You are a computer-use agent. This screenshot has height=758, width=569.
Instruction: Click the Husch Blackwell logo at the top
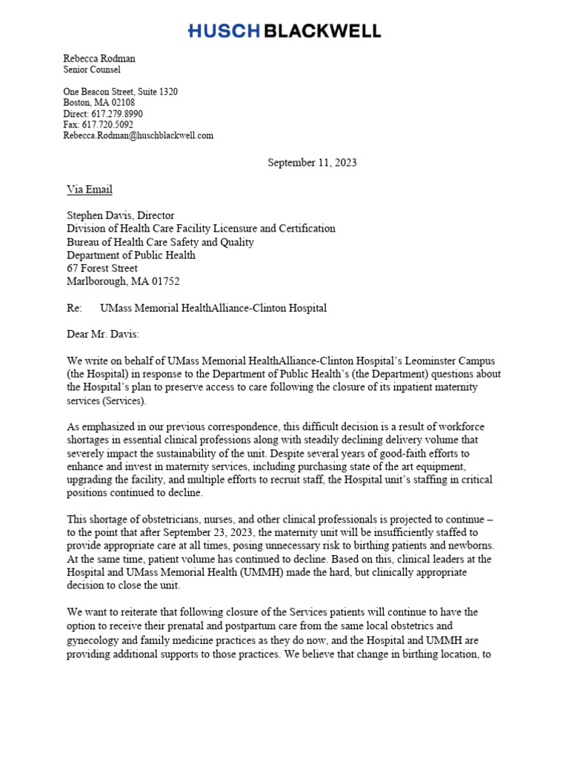click(284, 31)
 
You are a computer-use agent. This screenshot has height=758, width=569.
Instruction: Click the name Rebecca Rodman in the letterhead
click(99, 58)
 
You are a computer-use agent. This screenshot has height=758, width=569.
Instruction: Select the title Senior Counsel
click(92, 70)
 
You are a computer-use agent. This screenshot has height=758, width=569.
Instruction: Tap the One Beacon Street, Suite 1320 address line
click(120, 92)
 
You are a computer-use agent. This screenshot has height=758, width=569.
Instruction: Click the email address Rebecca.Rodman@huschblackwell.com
click(138, 135)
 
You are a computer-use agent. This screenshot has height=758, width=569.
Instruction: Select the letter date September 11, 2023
click(312, 163)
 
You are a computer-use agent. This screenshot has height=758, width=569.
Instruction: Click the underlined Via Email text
click(90, 189)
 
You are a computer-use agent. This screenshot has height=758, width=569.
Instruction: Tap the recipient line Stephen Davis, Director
click(121, 215)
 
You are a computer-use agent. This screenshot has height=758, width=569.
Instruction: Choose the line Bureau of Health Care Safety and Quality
click(160, 242)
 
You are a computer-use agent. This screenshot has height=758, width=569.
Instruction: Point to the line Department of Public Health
click(131, 255)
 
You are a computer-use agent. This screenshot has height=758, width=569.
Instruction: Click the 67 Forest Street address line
click(102, 269)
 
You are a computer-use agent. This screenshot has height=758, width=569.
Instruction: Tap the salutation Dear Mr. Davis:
click(103, 335)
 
